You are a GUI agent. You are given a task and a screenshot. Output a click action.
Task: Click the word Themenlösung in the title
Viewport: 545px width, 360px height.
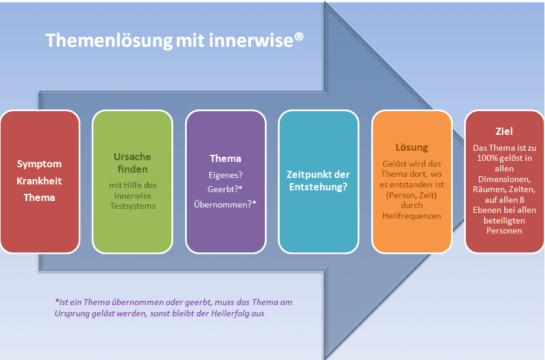109,41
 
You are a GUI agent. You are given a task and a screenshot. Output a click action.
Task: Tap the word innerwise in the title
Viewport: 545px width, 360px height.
251,40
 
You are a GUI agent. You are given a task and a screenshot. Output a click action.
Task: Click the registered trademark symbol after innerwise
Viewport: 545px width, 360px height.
299,37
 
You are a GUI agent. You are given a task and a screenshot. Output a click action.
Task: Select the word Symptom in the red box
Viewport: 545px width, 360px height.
39,164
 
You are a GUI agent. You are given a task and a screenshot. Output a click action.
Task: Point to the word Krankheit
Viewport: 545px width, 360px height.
39,181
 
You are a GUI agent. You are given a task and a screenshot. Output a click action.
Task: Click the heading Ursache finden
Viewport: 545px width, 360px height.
132,163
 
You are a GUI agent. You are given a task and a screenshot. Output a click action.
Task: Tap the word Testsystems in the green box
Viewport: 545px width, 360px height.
133,206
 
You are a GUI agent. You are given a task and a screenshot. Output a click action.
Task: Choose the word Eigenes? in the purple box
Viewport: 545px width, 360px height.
226,175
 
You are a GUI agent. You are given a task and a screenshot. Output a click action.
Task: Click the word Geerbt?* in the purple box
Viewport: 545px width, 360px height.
225,189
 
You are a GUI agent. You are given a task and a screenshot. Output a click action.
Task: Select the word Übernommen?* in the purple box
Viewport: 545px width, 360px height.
225,204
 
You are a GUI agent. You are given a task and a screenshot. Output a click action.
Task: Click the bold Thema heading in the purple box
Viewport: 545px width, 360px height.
225,158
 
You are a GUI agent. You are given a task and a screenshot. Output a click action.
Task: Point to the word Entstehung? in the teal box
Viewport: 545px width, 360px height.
318,187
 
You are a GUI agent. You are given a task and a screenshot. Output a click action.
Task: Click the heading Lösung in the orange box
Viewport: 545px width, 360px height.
412,147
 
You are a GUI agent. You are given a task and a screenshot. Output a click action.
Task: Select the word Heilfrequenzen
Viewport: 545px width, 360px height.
412,216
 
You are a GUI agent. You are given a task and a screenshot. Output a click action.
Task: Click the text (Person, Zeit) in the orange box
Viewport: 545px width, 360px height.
411,195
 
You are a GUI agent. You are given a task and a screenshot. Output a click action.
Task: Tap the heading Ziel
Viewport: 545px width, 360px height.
504,131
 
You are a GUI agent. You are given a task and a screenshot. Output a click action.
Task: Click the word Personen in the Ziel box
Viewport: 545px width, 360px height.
504,231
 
